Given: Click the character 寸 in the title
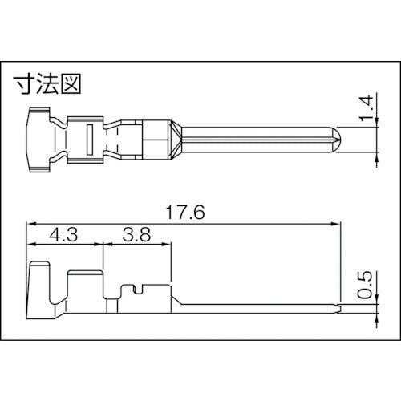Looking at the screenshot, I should tap(26, 83).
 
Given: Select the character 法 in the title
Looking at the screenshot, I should tap(48, 83).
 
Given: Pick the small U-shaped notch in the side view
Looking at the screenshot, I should tap(137, 288).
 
